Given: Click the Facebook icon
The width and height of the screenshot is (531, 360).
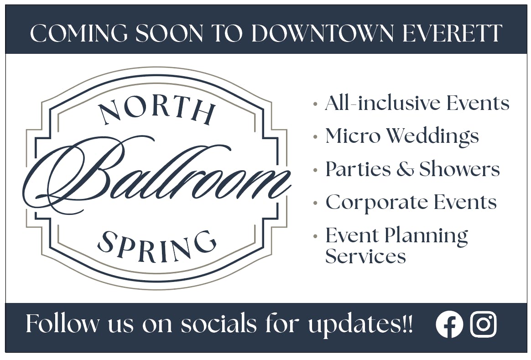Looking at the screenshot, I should (449, 324).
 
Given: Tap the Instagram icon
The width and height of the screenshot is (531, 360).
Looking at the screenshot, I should (483, 324).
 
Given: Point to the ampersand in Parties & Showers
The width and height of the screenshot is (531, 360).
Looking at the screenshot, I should (404, 169).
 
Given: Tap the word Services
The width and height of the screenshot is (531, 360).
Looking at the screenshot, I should (365, 256).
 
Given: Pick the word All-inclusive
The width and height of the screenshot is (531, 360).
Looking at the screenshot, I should (382, 103).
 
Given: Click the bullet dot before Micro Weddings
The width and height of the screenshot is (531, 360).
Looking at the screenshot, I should (315, 136).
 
